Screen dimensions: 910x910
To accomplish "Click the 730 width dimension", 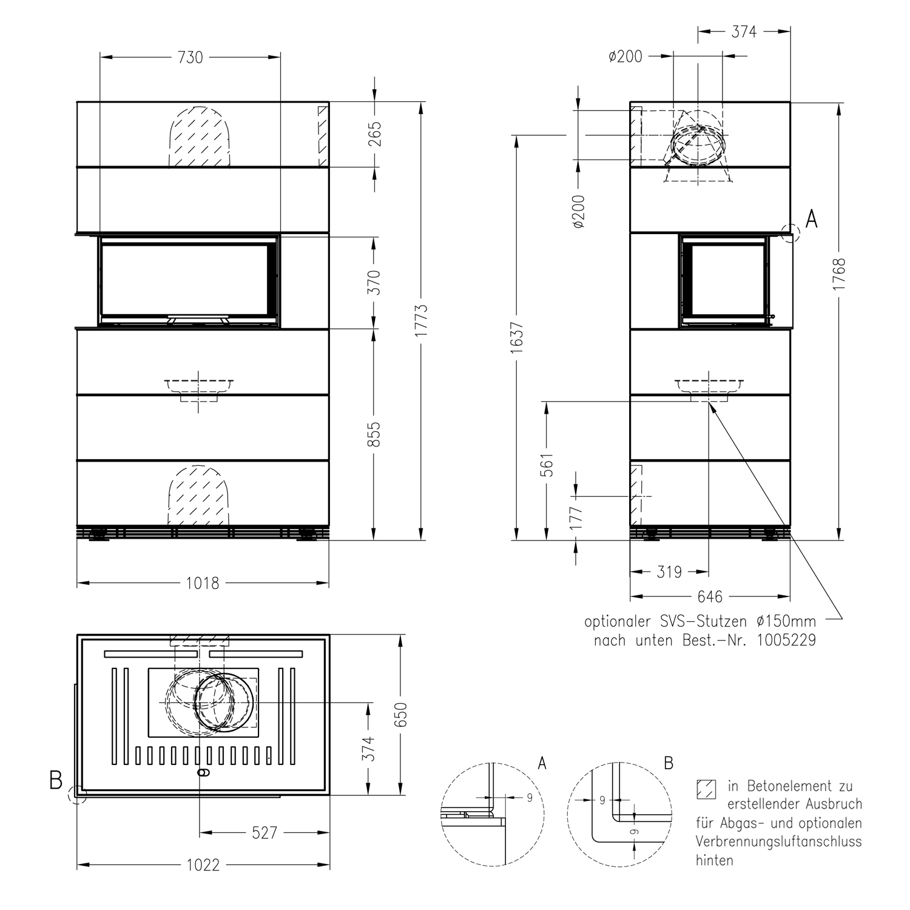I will (190, 58).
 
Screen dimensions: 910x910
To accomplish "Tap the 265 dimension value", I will (375, 135).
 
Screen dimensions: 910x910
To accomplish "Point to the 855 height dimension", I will (375, 434).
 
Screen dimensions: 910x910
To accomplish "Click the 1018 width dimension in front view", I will (202, 584).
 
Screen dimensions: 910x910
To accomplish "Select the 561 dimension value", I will (547, 465).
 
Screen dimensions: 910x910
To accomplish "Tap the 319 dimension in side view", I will (669, 572).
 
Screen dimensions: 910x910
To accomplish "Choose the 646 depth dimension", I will (709, 597).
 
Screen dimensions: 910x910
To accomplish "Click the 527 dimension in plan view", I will (265, 833).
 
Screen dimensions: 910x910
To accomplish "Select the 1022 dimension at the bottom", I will (203, 865).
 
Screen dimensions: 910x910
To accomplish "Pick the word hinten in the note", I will (715, 860).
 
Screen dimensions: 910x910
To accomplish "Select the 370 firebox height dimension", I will (375, 283).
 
